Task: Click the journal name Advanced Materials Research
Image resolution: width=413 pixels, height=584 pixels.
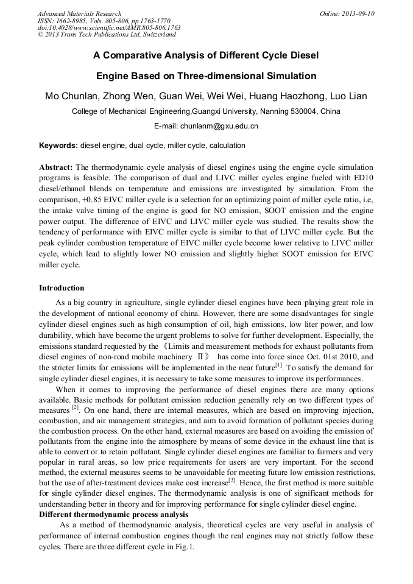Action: coord(79,13)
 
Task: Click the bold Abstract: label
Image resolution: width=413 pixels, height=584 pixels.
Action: coord(56,167)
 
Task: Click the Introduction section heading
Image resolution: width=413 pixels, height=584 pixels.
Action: coord(62,287)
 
